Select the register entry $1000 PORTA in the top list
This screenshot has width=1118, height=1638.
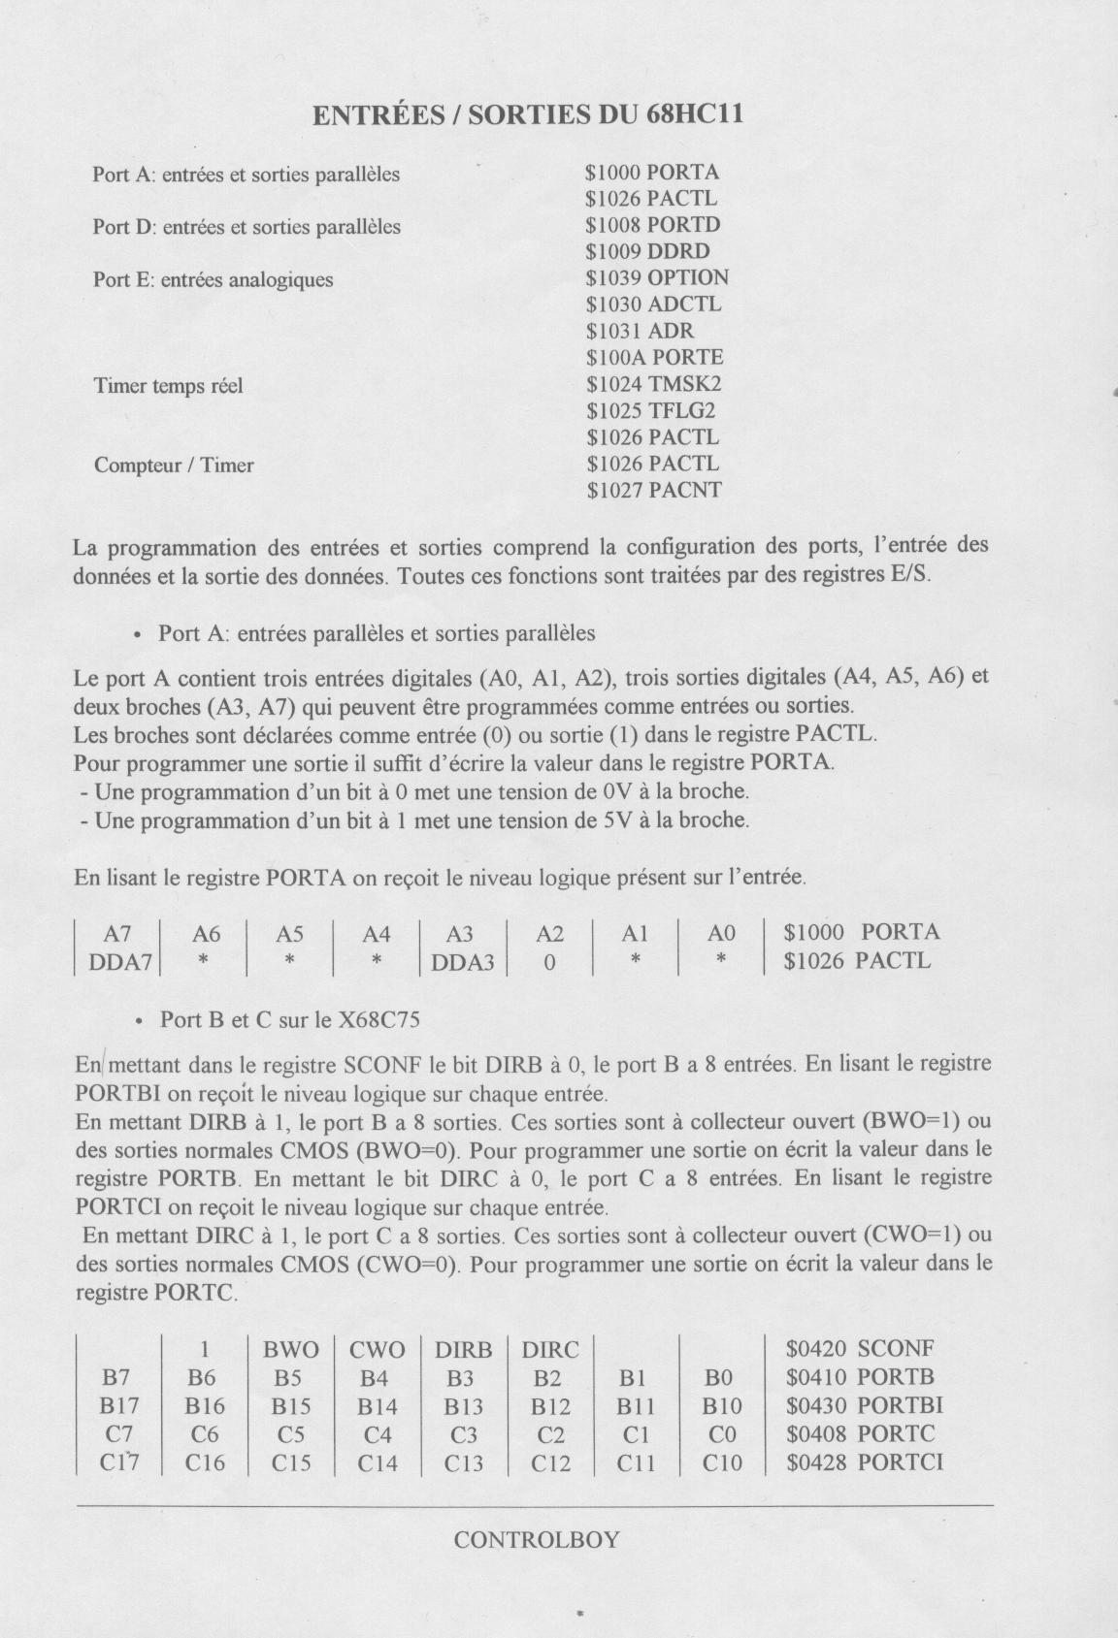652,173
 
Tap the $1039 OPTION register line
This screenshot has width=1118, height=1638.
657,277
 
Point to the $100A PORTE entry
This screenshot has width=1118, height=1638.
655,357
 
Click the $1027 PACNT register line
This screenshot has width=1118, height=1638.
655,490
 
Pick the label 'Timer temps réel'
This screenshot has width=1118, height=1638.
168,386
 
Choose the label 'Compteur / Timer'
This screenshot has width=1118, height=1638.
174,466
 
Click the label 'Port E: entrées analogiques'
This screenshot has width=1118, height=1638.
213,280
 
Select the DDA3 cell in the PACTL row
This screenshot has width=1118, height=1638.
463,962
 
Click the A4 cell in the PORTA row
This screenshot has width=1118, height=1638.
377,934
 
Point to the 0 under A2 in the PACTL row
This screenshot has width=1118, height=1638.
549,962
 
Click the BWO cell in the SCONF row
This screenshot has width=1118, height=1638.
290,1349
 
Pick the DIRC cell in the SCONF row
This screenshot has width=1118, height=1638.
549,1349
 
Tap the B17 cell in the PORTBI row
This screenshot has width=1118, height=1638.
119,1405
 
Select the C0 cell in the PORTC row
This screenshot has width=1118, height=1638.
721,1434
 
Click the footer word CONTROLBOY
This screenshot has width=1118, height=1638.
536,1540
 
